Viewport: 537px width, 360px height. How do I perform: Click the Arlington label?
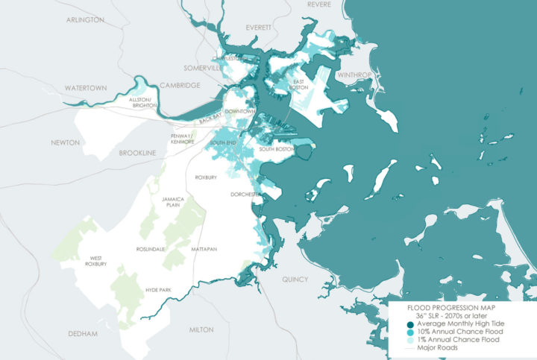[x=84, y=19]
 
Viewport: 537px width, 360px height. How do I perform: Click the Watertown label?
[x=86, y=88]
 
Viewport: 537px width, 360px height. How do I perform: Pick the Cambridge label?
[x=179, y=86]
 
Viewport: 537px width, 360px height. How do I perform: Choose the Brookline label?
[x=138, y=153]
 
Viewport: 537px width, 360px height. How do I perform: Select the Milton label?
[x=202, y=329]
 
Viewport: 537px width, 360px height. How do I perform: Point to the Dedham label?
[x=82, y=334]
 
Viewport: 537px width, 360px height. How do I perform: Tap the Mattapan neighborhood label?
[x=204, y=249]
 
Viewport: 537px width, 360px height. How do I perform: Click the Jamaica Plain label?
[x=172, y=203]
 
